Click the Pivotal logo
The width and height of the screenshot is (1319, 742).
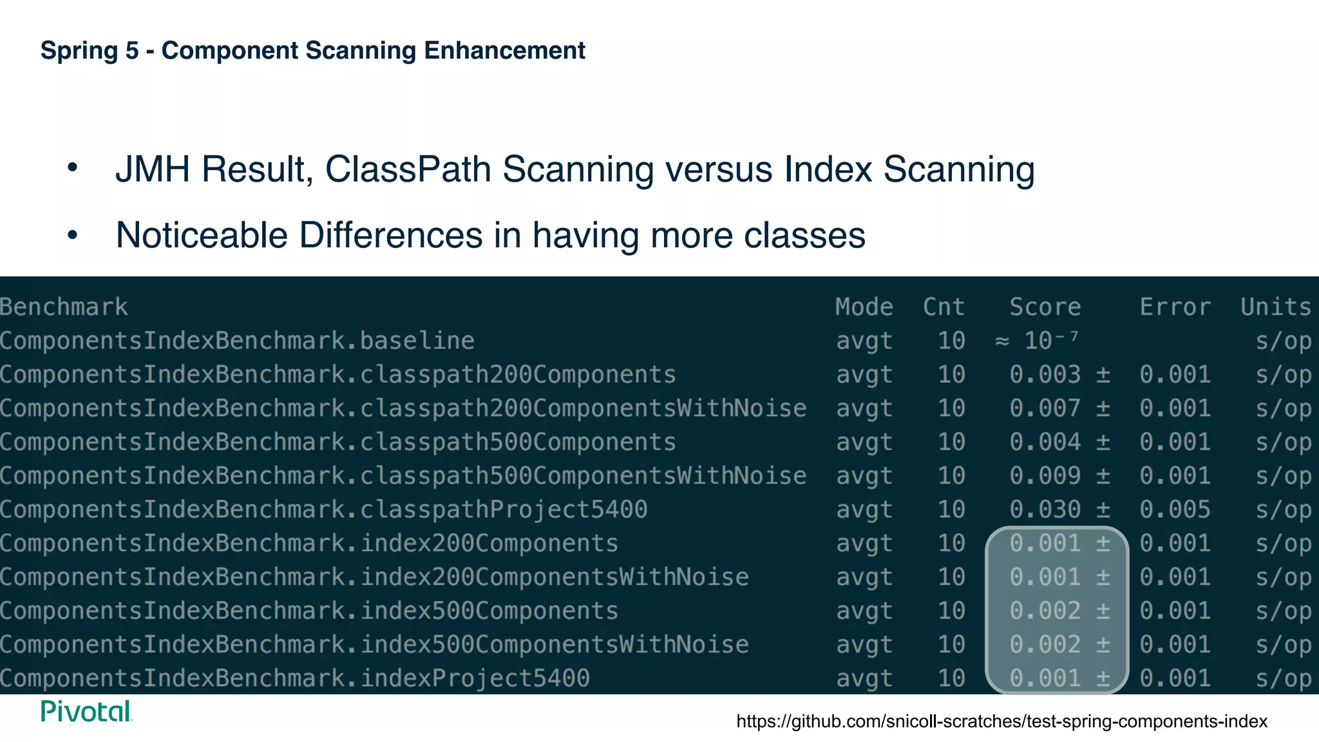[x=86, y=712]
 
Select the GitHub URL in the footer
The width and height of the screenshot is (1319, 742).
[x=1001, y=721]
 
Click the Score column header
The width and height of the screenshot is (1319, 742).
[x=1045, y=307]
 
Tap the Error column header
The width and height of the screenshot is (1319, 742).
[x=1175, y=307]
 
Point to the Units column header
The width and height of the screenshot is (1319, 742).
[x=1275, y=307]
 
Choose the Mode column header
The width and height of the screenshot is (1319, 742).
[x=864, y=307]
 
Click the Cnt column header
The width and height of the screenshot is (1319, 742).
[x=944, y=307]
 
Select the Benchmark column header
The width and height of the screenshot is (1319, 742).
[x=64, y=307]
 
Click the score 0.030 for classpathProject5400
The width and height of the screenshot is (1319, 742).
[x=1045, y=510]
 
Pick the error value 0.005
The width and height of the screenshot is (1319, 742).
[x=1175, y=510]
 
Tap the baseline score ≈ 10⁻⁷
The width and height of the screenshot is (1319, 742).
[x=1037, y=340]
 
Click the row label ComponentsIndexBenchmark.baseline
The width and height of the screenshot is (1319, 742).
[x=237, y=341]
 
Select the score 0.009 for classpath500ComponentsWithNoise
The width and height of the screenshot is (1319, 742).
[x=1045, y=476]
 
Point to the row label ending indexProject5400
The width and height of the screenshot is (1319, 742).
[x=294, y=678]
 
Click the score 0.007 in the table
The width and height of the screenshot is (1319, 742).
[x=1045, y=408]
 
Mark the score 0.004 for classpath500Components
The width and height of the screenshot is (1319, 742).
[x=1045, y=442]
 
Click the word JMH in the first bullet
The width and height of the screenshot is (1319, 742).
[x=153, y=169]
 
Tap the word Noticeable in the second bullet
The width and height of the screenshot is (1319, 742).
[x=202, y=235]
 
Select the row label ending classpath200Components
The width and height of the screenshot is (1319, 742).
[x=337, y=375]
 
